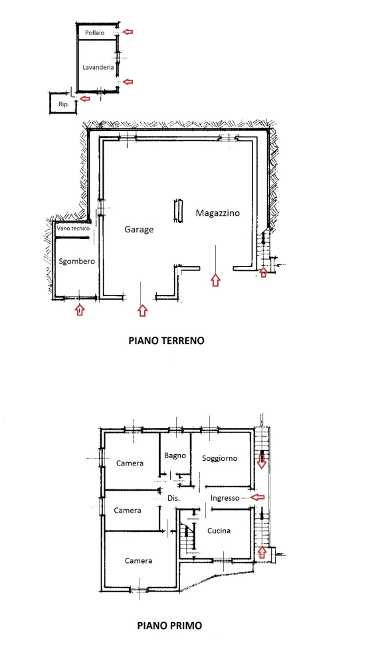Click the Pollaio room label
(94, 33)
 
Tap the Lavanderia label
(98, 67)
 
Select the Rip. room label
(64, 104)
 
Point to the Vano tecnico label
(73, 228)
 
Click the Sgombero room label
(76, 261)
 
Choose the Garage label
(139, 230)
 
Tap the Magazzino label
(218, 212)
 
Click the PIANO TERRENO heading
(167, 341)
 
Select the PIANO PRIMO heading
(169, 625)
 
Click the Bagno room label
(175, 456)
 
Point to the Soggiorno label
(219, 458)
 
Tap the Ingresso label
(225, 498)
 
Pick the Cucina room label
(219, 531)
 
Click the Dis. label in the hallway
(173, 499)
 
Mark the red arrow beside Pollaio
(128, 32)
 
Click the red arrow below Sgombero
(80, 310)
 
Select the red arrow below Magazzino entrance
(216, 280)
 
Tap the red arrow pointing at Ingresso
(258, 497)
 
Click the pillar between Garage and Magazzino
(179, 210)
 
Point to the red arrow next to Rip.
(85, 99)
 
